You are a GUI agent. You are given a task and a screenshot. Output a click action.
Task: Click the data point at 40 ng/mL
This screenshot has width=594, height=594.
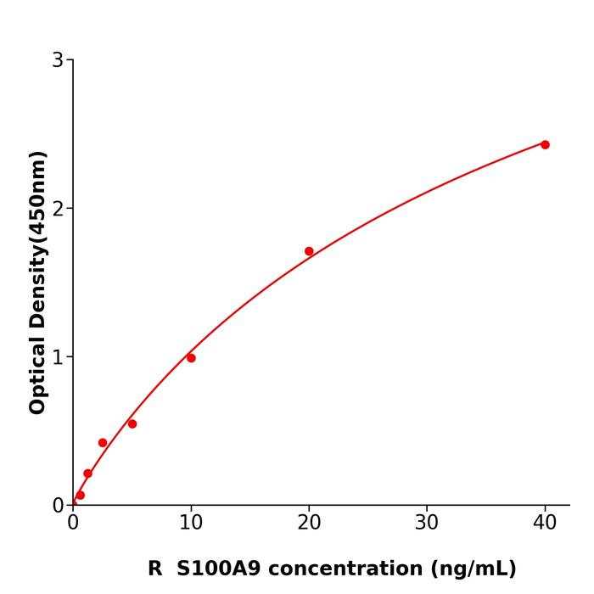click(x=545, y=144)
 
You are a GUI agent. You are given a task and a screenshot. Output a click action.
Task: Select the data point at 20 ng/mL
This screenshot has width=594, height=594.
click(x=309, y=251)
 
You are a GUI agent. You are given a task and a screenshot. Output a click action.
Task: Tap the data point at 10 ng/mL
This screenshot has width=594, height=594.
click(x=191, y=358)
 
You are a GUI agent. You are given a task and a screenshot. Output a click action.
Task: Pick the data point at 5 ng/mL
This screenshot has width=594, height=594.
click(x=132, y=423)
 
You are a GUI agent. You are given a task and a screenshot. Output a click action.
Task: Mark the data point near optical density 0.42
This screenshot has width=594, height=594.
click(x=103, y=443)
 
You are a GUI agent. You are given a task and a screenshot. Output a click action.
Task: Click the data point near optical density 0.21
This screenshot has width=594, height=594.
click(x=87, y=474)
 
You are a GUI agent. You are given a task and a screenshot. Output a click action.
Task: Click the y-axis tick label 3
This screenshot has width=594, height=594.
click(x=58, y=60)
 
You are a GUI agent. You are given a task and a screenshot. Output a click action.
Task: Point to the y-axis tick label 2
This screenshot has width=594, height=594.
click(x=58, y=209)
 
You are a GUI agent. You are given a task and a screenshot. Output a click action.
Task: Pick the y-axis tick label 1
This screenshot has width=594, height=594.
click(x=58, y=357)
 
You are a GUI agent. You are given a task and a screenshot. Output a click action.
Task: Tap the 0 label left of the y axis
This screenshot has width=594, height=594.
click(x=58, y=506)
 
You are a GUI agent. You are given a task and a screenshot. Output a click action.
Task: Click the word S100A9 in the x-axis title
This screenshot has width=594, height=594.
click(x=218, y=569)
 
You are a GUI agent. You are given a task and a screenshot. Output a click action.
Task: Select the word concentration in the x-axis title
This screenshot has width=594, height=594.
click(x=350, y=569)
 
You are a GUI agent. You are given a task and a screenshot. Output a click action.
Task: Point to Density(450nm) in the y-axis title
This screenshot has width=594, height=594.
click(x=38, y=241)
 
